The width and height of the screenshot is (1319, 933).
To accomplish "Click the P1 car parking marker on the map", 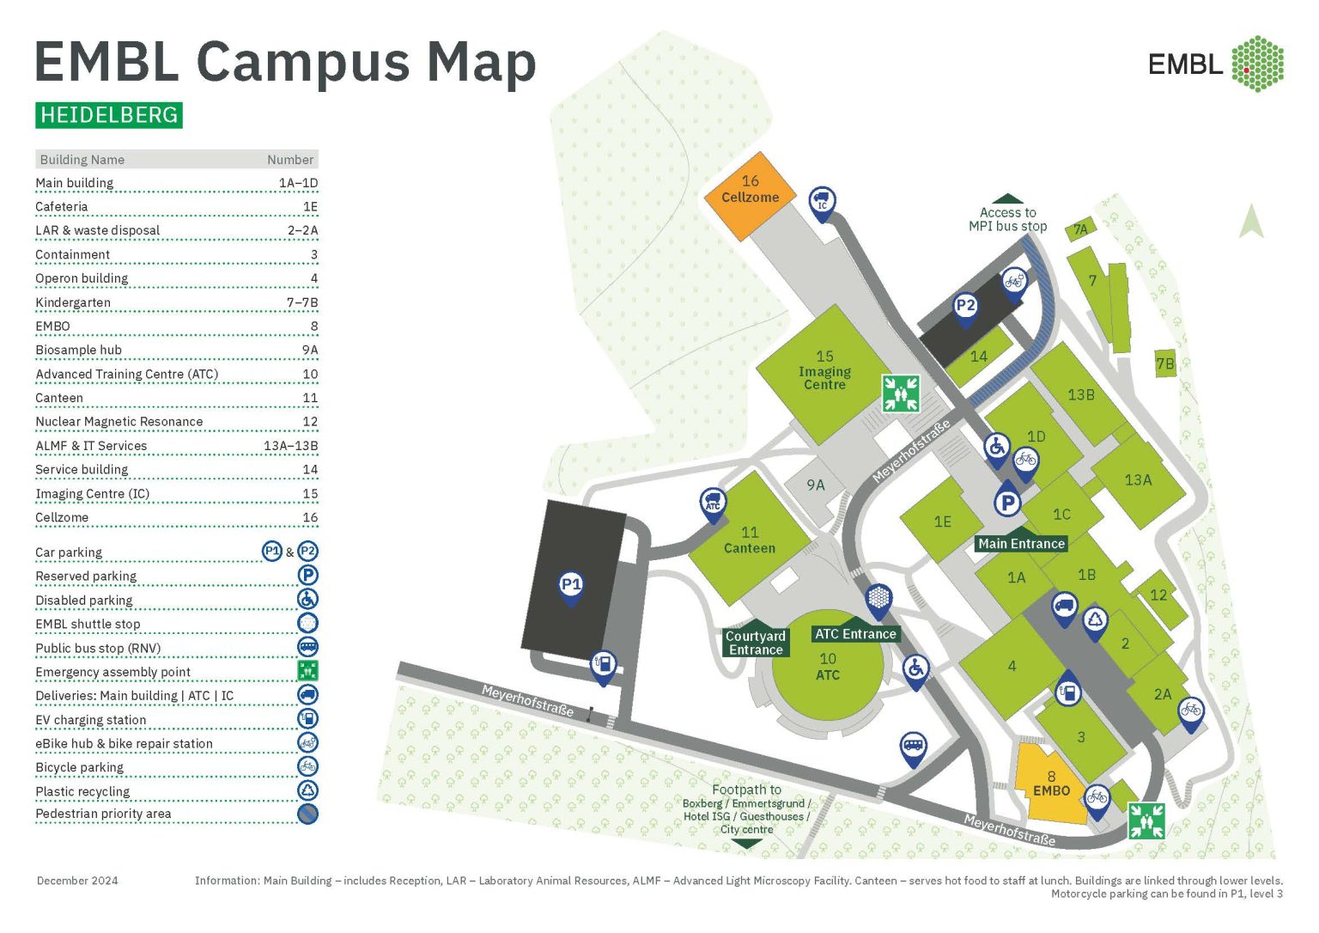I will point(571,585).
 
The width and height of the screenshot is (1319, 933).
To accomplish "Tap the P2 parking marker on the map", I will point(965,306).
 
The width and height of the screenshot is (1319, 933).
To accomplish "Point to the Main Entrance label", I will point(1021,543).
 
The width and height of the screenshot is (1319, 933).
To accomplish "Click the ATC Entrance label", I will point(855,634).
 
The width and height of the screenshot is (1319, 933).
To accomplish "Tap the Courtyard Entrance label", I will point(756,643).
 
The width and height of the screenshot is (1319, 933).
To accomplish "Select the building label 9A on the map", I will point(815,485).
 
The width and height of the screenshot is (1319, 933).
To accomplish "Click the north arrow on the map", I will point(1251,221).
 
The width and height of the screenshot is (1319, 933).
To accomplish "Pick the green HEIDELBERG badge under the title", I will point(109,115).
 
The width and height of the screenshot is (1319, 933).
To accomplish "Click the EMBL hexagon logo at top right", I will point(1257,64).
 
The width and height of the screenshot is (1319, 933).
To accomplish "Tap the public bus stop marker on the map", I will point(913,746).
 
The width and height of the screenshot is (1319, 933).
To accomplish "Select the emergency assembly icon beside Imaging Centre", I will point(901,393).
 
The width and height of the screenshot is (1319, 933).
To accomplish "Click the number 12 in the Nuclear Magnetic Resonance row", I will point(310,422).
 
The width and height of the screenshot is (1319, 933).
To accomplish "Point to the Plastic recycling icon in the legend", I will point(307,790).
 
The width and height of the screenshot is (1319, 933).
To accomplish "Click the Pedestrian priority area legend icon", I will point(307,814).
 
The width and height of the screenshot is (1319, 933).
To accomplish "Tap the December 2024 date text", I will point(77,881).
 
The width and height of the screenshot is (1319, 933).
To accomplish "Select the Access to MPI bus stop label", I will point(1007,219).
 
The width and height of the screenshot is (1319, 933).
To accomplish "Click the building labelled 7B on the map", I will point(1164,363).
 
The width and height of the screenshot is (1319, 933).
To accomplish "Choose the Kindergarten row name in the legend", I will point(73,302).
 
